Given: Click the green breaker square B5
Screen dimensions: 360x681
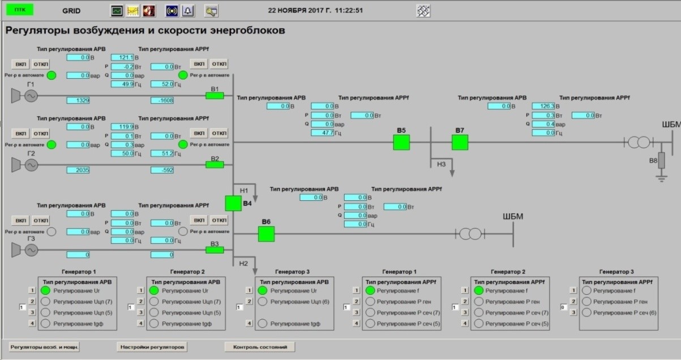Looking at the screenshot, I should (x=401, y=142).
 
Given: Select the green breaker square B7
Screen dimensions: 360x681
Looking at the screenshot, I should (x=460, y=142).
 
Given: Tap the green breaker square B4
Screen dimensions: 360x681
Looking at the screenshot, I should (x=233, y=203).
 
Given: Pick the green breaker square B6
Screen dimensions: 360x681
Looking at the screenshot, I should (x=266, y=234).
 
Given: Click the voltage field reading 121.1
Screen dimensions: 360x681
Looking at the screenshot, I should (x=122, y=57).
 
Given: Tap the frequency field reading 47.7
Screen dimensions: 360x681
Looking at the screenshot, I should (x=323, y=133).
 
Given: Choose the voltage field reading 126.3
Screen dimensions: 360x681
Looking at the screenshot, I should (x=543, y=106).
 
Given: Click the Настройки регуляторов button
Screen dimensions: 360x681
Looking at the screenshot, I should (x=151, y=346).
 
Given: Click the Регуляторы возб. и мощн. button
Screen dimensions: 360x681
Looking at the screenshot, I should (x=43, y=346).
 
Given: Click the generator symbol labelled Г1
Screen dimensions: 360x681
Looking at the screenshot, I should (x=29, y=96).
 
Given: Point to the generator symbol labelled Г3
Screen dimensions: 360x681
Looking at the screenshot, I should (x=29, y=249).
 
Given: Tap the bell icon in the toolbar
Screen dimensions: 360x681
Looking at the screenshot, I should (x=187, y=10).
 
